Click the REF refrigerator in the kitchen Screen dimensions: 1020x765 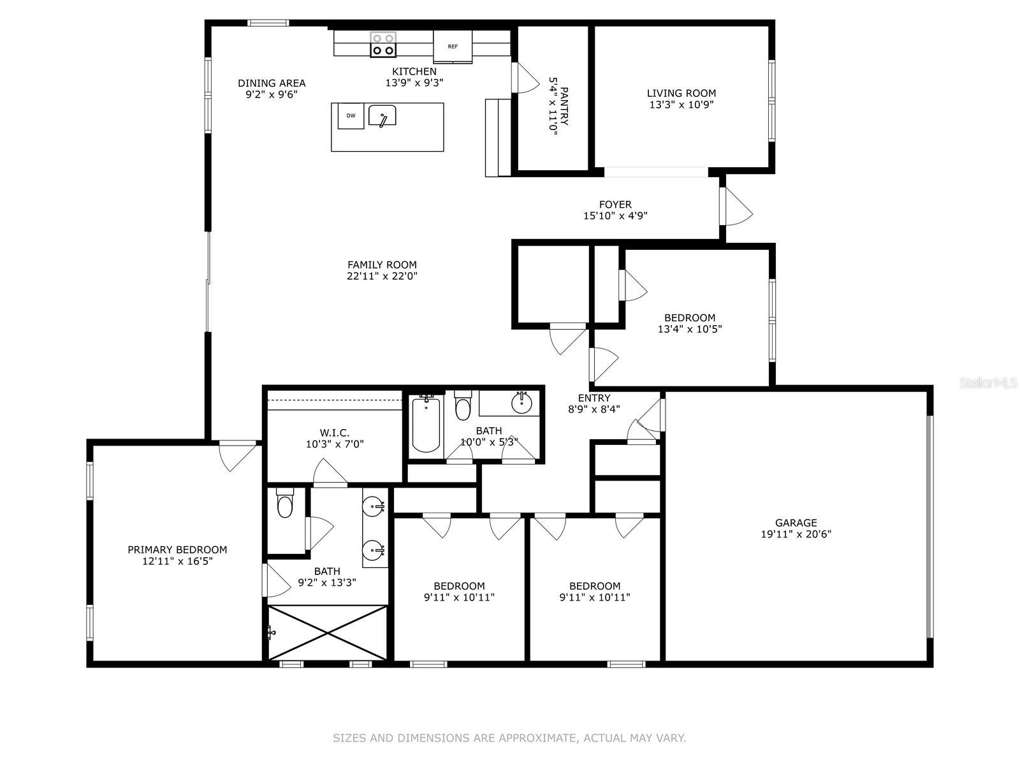(x=452, y=47)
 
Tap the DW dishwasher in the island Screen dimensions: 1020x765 (x=351, y=115)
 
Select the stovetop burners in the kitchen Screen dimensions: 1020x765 (x=383, y=45)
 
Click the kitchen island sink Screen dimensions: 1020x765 (x=382, y=115)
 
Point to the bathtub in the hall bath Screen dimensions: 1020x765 (x=426, y=425)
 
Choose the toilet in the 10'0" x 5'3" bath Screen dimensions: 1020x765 (x=462, y=405)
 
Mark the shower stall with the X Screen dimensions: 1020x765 (x=328, y=632)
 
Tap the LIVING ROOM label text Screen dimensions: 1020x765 (x=681, y=93)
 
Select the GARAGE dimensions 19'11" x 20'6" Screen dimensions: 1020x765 (x=796, y=534)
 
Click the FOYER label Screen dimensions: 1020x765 (x=615, y=205)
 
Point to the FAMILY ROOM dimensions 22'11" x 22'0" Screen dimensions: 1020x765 (x=382, y=276)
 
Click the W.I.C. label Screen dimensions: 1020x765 (x=334, y=433)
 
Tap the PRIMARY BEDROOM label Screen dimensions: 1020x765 (x=177, y=550)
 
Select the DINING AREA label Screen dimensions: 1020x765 (x=272, y=83)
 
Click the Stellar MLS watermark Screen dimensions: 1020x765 (x=988, y=383)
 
